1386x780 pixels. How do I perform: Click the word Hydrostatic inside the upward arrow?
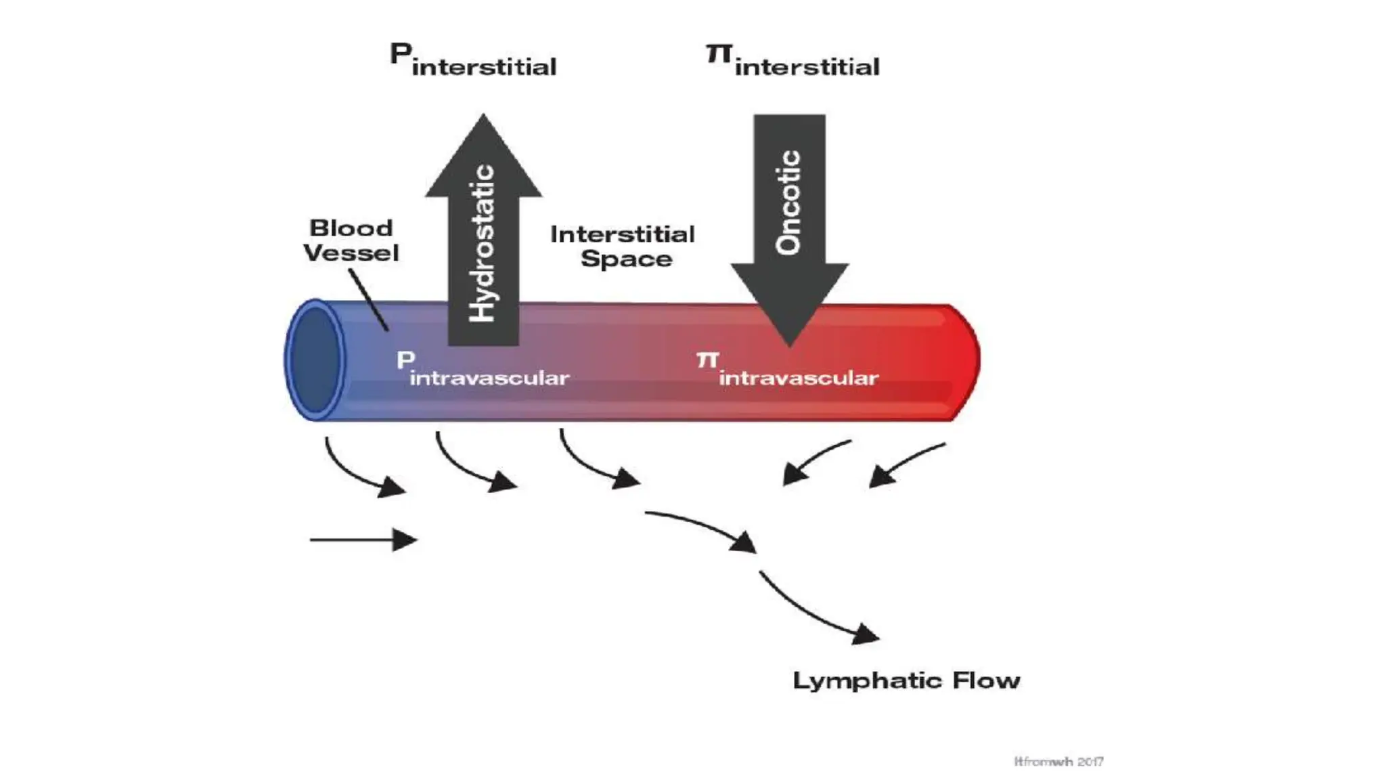coord(483,242)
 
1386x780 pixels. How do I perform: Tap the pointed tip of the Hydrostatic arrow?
coord(483,117)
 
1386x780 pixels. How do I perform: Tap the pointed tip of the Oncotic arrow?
coord(789,344)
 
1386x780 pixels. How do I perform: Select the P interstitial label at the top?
coord(473,60)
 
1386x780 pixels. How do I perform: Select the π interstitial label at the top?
coord(792,60)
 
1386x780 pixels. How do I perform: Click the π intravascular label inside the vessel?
coord(788,370)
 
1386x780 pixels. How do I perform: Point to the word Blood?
coord(351,228)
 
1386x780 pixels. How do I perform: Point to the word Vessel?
coord(351,253)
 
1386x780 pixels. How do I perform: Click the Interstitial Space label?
coord(623,246)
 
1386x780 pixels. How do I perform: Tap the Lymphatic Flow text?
coord(906,680)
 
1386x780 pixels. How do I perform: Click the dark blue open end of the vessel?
coord(315,360)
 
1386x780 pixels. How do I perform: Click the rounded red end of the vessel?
coord(964,362)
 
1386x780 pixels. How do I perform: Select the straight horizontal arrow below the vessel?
coord(363,540)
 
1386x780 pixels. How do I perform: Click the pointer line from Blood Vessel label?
coord(369,299)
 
